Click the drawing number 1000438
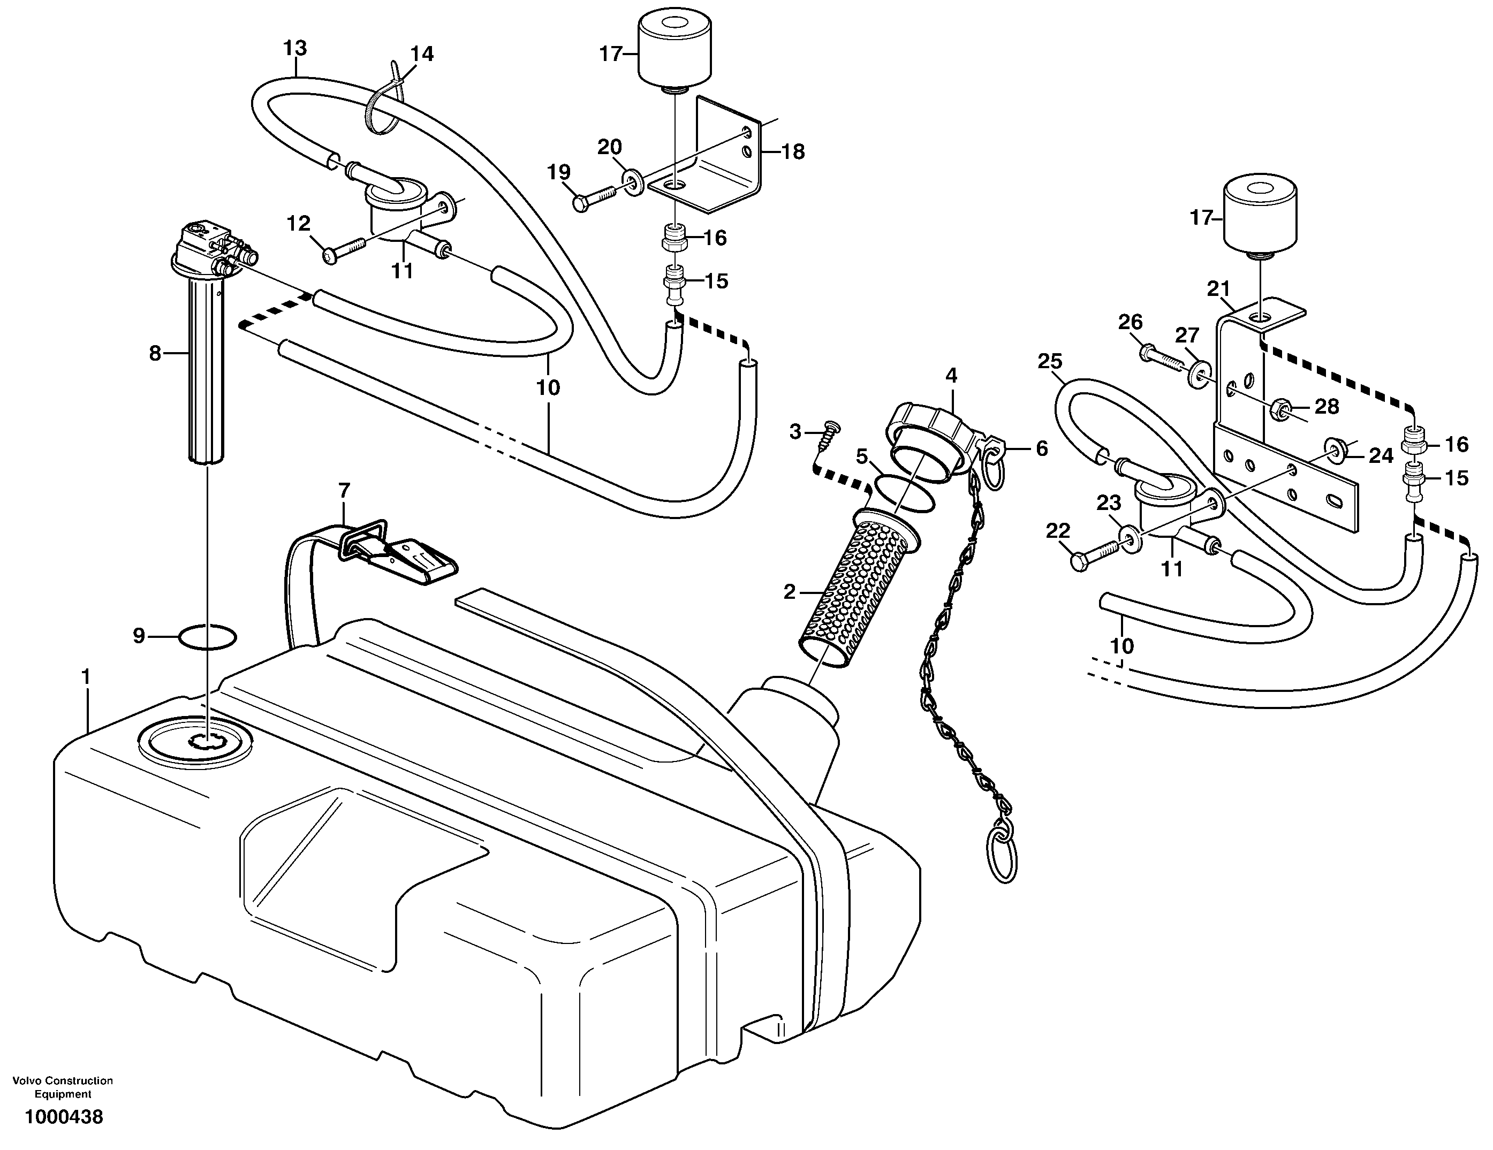tap(64, 1117)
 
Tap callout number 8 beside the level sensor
tap(155, 353)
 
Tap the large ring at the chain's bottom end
tap(1002, 856)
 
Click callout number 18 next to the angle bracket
tap(793, 151)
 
